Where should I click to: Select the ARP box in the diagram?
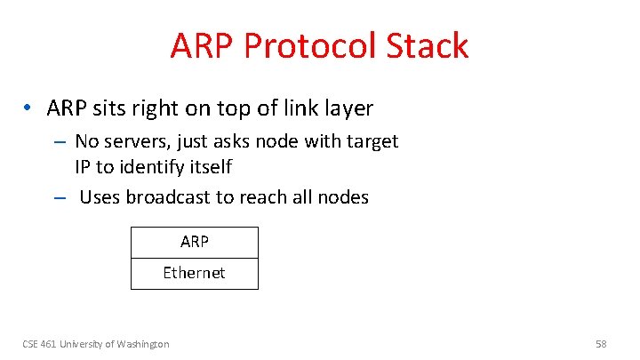click(194, 242)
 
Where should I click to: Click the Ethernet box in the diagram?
click(194, 273)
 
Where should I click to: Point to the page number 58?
click(602, 344)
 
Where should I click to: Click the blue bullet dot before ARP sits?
click(29, 108)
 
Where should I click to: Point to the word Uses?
click(100, 197)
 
